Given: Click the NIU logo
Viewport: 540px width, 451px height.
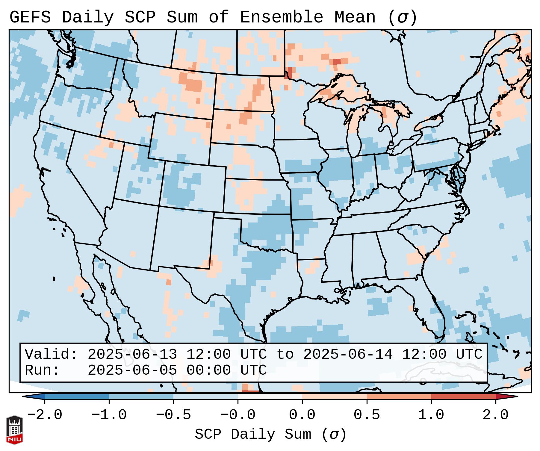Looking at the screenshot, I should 14,429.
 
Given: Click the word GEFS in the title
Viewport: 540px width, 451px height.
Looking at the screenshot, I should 30,17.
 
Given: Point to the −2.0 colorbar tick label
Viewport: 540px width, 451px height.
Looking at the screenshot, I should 45,415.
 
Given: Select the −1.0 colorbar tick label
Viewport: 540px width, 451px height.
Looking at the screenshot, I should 109,415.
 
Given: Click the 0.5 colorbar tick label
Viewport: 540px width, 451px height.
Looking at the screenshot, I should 367,415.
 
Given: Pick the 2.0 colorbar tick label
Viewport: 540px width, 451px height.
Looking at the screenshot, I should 495,415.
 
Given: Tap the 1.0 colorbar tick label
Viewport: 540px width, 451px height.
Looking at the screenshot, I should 431,415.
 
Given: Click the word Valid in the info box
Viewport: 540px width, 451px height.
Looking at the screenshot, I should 51,354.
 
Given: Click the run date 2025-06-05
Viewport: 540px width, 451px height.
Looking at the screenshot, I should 132,370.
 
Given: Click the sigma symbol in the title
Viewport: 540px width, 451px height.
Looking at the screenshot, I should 402,17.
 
